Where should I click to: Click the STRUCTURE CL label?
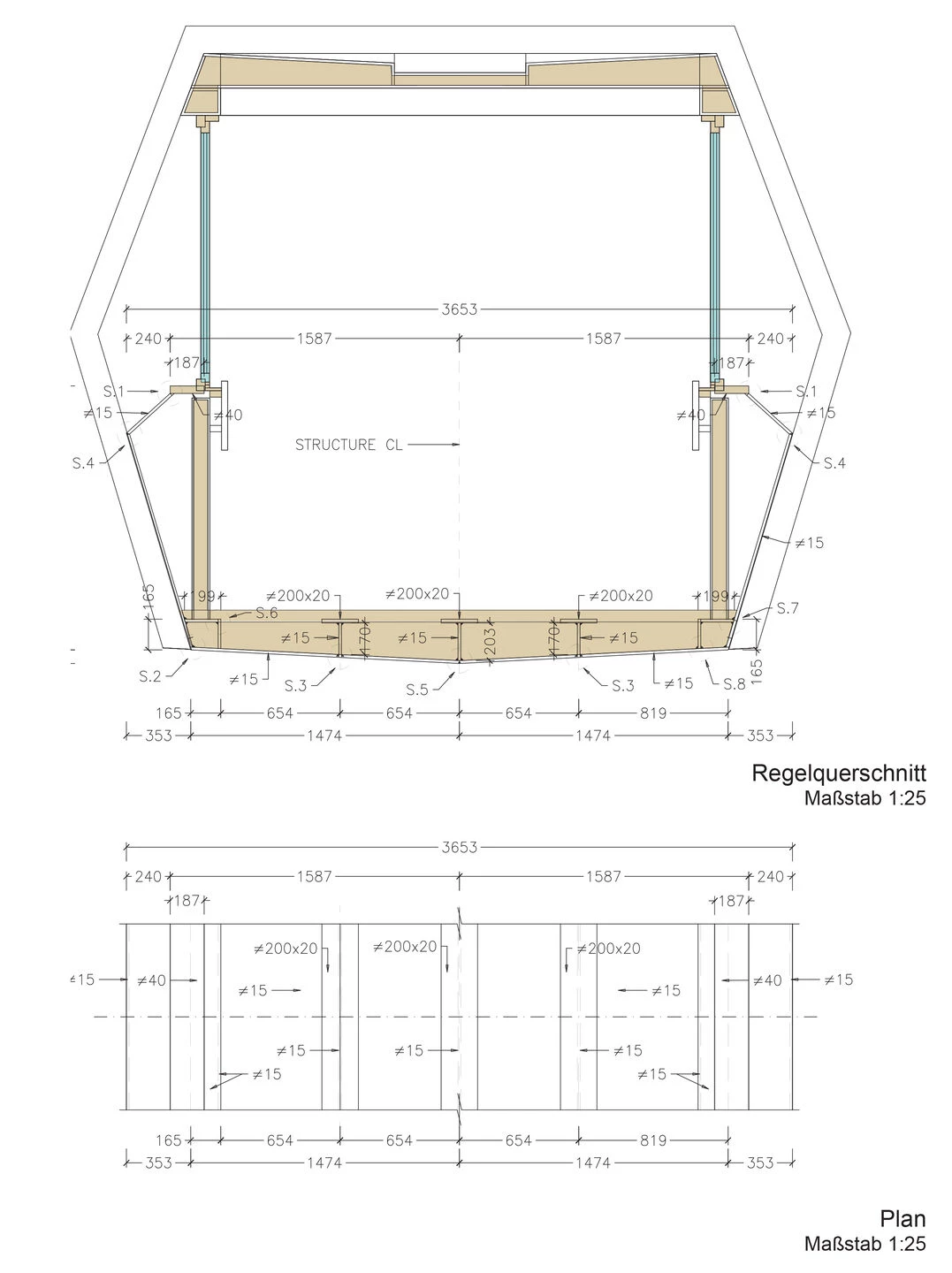[x=348, y=445]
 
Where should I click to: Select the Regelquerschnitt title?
[x=838, y=773]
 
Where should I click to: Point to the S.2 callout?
[x=149, y=676]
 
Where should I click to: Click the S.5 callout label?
[x=417, y=690]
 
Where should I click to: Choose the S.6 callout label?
[x=267, y=613]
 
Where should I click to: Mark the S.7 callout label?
[x=788, y=608]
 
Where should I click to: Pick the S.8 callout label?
[x=734, y=684]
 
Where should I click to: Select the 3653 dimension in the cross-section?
[x=459, y=309]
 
